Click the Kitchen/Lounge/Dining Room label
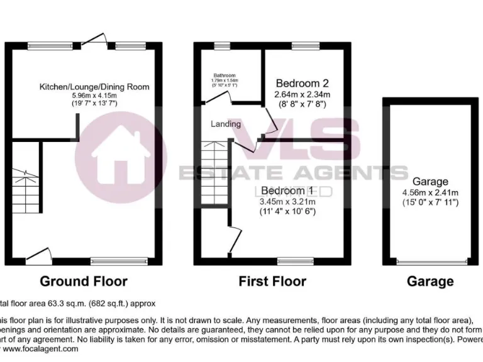pyautogui.click(x=94, y=86)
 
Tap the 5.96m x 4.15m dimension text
pyautogui.click(x=94, y=94)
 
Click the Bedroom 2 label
pyautogui.click(x=303, y=83)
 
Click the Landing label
pyautogui.click(x=226, y=124)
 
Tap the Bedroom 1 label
pyautogui.click(x=287, y=190)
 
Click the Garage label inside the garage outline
pyautogui.click(x=431, y=181)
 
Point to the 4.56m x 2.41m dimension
pyautogui.click(x=431, y=192)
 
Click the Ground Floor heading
pyautogui.click(x=84, y=281)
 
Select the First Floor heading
pyautogui.click(x=272, y=281)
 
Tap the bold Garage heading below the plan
pyautogui.click(x=431, y=281)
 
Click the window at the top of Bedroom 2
pyautogui.click(x=306, y=46)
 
